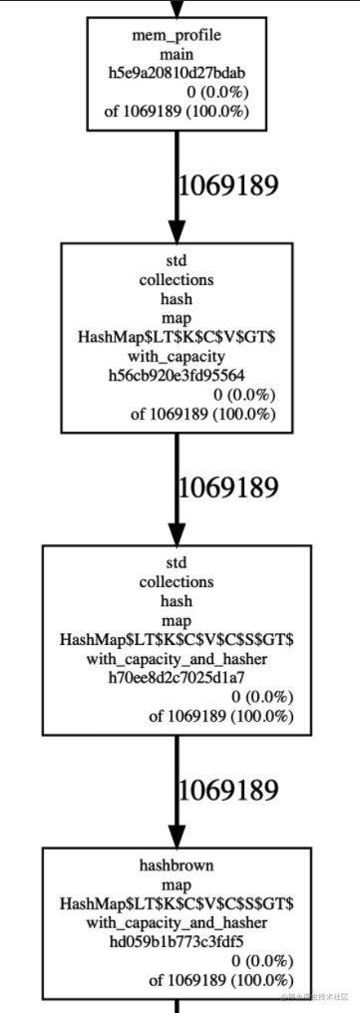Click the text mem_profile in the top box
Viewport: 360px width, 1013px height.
coord(177,36)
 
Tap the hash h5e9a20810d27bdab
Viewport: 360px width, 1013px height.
coord(177,73)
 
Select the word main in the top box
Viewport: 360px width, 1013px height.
coord(177,55)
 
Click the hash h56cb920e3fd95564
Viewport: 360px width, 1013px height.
coord(177,377)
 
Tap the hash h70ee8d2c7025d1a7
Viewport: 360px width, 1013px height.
coord(177,678)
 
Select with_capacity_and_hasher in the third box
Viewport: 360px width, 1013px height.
coord(177,659)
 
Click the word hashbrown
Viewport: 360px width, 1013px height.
coord(177,864)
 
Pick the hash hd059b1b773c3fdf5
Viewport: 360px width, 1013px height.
coord(177,940)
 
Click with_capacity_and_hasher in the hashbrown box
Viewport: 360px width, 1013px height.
coord(177,921)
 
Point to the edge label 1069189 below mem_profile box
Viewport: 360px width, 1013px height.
coord(226,185)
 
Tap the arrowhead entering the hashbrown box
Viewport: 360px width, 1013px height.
coord(177,837)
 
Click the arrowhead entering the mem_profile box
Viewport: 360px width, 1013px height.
coord(177,10)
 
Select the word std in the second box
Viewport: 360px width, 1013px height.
coord(177,262)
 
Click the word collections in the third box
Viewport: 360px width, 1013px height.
coord(177,582)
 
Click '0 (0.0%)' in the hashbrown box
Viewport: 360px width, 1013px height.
coord(262,960)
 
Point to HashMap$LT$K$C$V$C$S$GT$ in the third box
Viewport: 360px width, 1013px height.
coord(177,640)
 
